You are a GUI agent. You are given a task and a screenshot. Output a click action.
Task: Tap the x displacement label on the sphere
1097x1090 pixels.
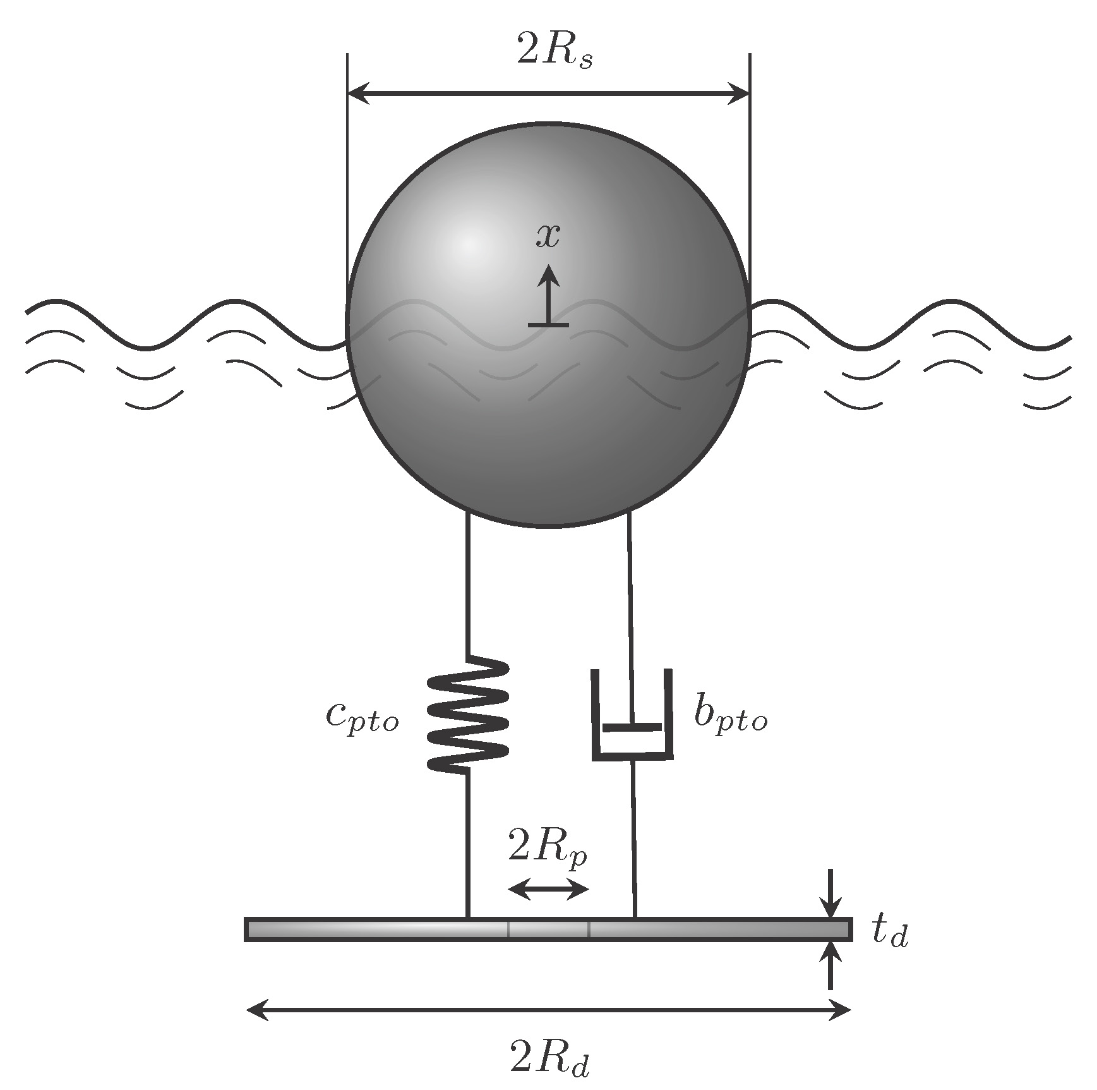point(548,236)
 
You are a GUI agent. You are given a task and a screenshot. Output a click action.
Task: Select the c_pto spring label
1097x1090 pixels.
point(363,717)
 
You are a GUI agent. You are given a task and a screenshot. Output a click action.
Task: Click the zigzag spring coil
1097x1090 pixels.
point(467,714)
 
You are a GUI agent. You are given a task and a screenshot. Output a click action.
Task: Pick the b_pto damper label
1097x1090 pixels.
point(730,716)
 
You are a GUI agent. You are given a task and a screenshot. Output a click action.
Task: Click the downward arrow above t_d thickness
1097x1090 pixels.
point(830,894)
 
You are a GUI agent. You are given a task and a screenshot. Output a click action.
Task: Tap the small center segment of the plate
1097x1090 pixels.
point(548,929)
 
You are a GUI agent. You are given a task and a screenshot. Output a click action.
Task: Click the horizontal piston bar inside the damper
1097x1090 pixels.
point(632,727)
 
